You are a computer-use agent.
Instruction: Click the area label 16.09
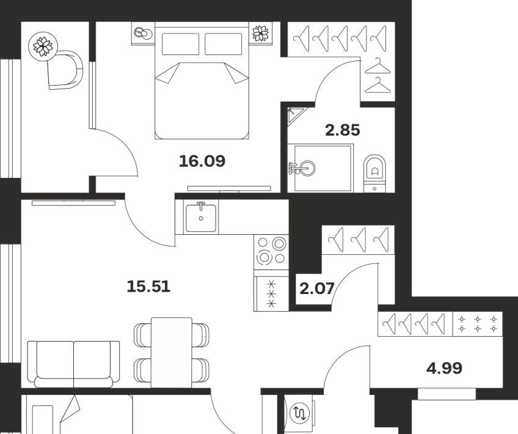[x=202, y=161]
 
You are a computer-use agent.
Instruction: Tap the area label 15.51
[x=148, y=286]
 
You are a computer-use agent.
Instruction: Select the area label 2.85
[x=343, y=130]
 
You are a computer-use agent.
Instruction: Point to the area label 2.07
[x=317, y=289]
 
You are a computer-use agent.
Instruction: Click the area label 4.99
[x=444, y=368]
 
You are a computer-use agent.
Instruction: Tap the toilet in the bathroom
[x=374, y=173]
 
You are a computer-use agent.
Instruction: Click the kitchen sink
[x=201, y=218]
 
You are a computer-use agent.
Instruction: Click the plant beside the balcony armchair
[x=43, y=46]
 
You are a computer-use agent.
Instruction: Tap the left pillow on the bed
[x=180, y=44]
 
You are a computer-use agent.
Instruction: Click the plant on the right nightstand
[x=261, y=33]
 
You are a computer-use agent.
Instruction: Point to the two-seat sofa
[x=73, y=364]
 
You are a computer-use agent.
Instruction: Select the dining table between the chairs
[x=172, y=352]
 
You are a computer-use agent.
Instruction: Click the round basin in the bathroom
[x=307, y=168]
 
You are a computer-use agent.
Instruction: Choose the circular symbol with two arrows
[x=299, y=413]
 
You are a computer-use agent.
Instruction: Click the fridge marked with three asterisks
[x=271, y=294]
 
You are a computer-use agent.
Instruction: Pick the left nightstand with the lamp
[x=143, y=33]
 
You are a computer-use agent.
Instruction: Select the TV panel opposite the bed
[x=229, y=188]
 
